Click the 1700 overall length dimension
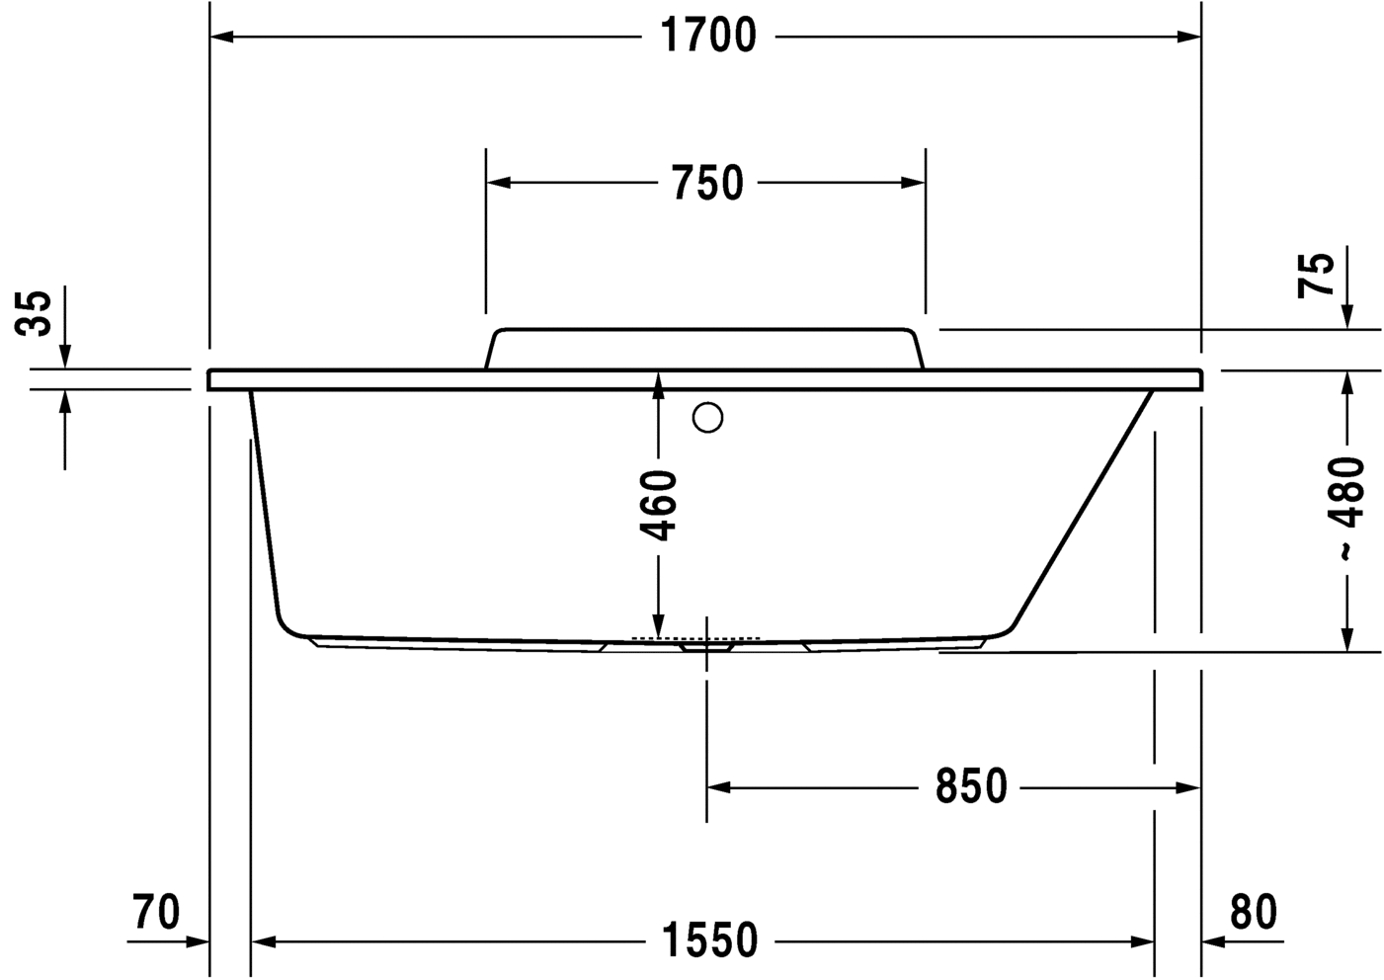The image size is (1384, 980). coord(706,37)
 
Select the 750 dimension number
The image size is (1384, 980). coord(706,184)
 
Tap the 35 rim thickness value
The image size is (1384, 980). coord(37,313)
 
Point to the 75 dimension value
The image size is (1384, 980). coord(1317,275)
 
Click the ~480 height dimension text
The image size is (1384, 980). coord(1348,509)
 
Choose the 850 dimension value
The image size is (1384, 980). coord(971,787)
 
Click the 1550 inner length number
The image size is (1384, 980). coord(709,940)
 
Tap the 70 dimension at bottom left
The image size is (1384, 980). coord(157,911)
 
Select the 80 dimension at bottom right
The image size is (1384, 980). coord(1254,911)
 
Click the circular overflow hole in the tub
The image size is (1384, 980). coord(708,419)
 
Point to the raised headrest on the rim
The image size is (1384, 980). coord(704,349)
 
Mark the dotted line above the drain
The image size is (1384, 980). coord(695,638)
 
